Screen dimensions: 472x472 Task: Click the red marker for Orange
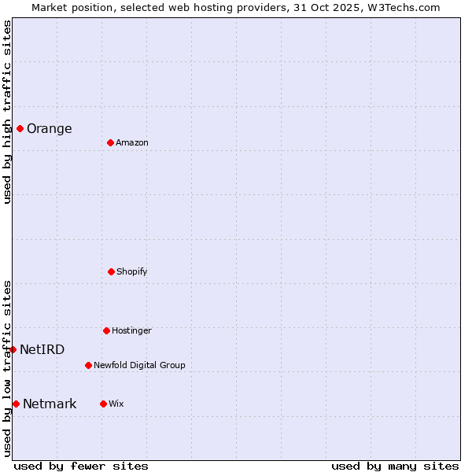[20, 128]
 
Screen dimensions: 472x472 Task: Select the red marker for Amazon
[110, 142]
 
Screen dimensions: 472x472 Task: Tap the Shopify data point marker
[111, 271]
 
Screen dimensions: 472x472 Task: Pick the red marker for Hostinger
[106, 330]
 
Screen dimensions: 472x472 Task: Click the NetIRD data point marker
[13, 349]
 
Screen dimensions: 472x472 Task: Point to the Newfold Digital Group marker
[88, 365]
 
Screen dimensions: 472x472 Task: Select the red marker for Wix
[103, 404]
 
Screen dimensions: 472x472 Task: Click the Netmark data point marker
[16, 404]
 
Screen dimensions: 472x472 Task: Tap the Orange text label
[49, 129]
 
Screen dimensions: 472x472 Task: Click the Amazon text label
[132, 143]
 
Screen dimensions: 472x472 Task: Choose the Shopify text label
[132, 272]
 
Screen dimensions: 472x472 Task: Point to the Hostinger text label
[131, 331]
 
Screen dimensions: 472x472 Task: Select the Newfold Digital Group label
[139, 366]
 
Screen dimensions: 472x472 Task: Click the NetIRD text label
[42, 350]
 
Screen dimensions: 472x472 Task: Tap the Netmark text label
[50, 404]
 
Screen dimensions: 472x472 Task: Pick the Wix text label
[116, 404]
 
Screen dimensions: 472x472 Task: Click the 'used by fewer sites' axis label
[81, 466]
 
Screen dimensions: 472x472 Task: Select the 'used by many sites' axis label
[395, 466]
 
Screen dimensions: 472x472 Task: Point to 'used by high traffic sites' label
[7, 112]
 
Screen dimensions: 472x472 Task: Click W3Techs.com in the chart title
[401, 7]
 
